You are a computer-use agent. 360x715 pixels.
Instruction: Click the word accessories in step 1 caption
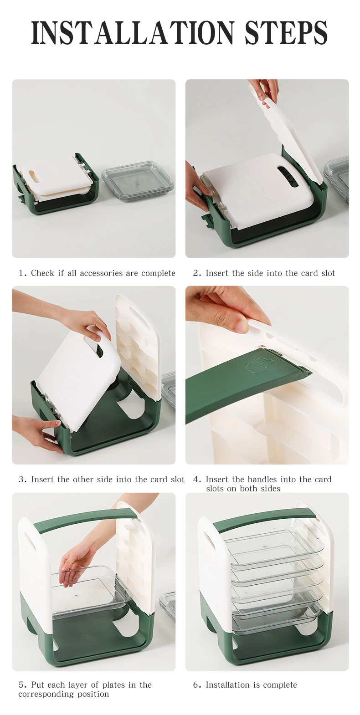pos(109,273)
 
